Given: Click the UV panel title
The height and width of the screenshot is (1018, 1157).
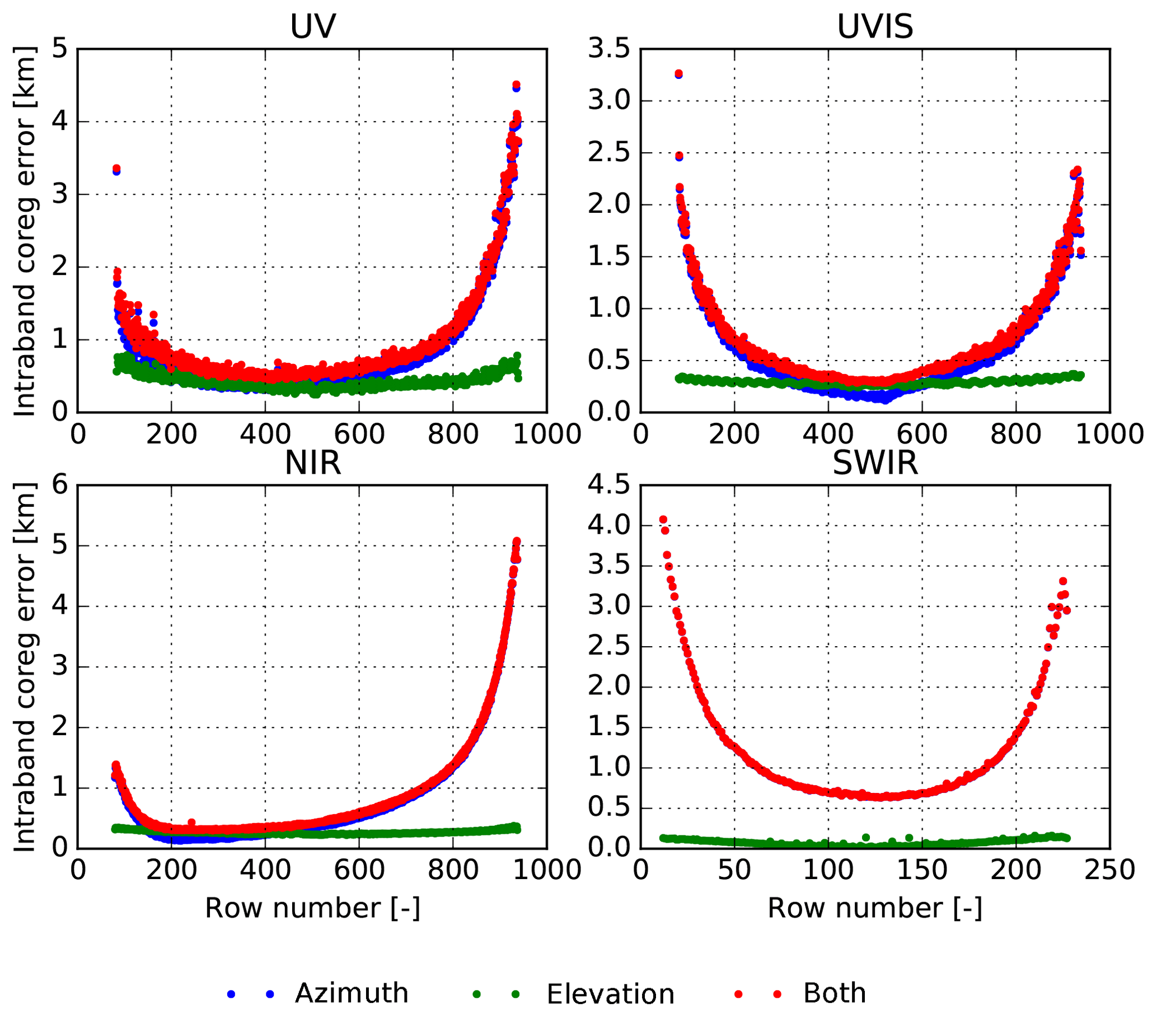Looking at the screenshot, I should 312,27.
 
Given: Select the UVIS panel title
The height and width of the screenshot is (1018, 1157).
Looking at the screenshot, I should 874,27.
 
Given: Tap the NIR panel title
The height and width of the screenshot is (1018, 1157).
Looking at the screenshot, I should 312,463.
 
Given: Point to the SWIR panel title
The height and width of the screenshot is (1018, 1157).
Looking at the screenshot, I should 874,463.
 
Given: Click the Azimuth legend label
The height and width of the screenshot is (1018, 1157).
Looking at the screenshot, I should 352,993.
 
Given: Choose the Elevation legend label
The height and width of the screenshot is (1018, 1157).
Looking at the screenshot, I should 610,994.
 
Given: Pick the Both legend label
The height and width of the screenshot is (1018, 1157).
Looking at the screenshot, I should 835,993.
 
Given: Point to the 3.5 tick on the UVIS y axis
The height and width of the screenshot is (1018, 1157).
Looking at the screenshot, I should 608,49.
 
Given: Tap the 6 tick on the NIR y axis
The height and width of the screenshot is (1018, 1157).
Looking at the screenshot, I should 59,485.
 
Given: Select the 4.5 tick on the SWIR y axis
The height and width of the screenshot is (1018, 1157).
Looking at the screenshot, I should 608,485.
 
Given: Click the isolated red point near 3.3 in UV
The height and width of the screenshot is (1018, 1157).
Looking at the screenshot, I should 116,169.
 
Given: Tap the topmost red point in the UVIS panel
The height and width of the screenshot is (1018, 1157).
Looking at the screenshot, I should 678,73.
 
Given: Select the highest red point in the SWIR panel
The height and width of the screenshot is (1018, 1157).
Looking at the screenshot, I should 663,520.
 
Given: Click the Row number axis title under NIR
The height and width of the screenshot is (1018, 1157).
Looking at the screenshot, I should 312,909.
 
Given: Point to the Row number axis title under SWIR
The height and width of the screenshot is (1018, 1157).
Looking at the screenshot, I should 874,909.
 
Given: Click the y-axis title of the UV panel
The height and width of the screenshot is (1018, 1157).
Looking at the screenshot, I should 24,231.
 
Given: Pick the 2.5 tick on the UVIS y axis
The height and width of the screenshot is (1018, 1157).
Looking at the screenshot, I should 608,153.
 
